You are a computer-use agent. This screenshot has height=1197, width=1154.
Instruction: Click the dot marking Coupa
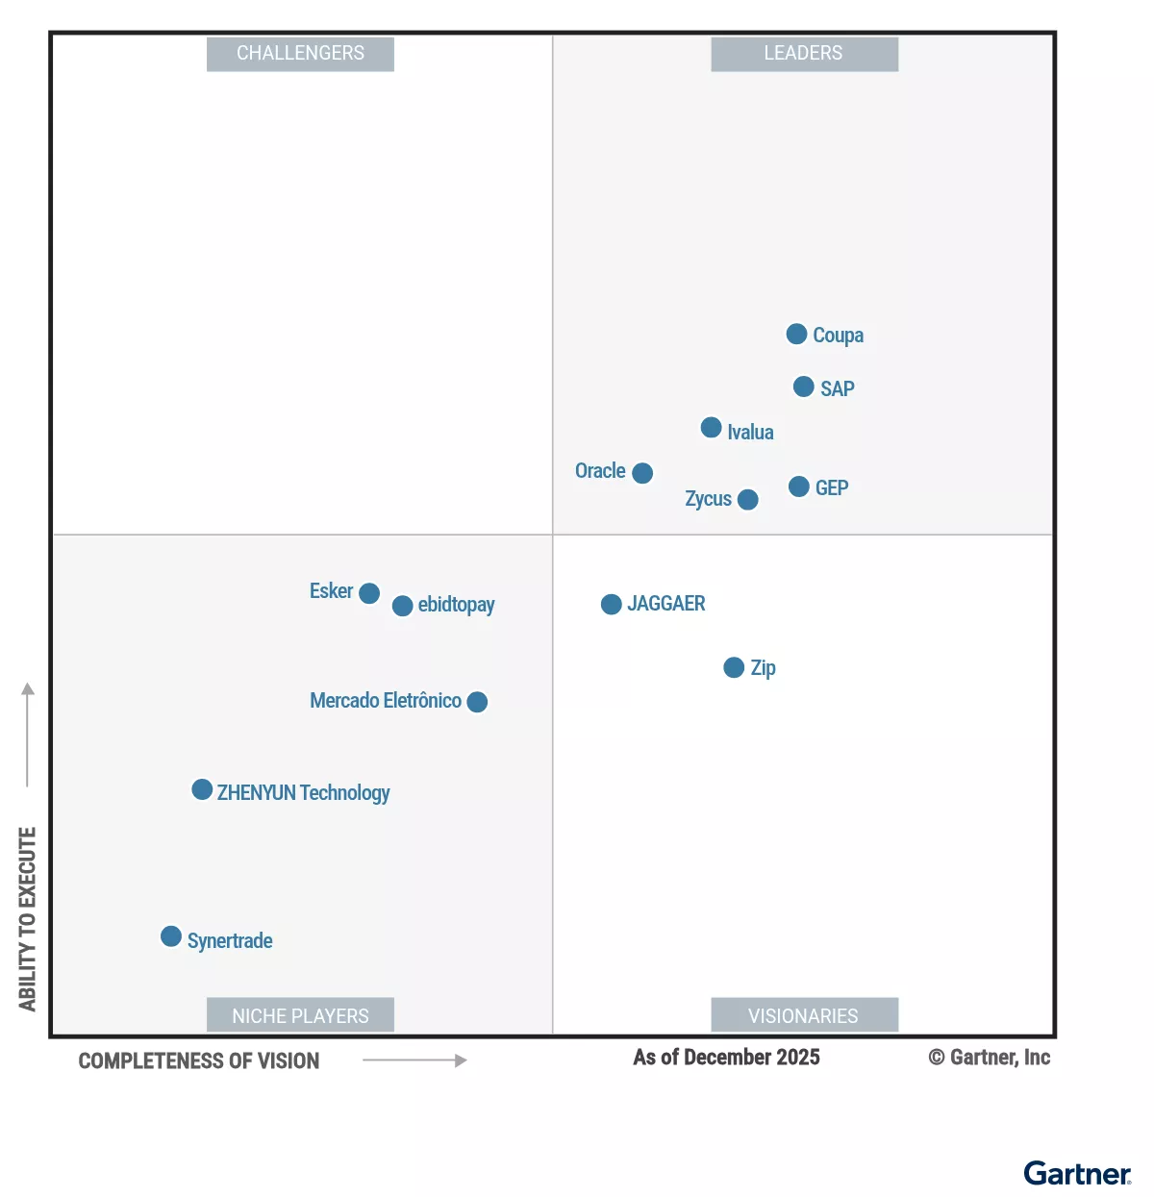(796, 334)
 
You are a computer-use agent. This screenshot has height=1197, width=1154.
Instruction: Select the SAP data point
(804, 387)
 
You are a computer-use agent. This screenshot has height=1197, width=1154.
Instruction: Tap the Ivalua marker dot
(711, 427)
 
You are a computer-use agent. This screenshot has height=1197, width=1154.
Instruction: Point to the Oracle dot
(642, 473)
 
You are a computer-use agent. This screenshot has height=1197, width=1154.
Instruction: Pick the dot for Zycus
(747, 499)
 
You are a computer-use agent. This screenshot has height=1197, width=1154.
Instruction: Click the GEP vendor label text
(832, 487)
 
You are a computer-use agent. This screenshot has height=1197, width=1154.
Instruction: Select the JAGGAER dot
(611, 604)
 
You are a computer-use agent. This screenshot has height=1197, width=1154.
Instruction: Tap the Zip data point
(734, 667)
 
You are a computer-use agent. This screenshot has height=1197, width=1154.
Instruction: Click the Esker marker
(369, 593)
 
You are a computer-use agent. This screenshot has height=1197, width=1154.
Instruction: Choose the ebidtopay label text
(456, 605)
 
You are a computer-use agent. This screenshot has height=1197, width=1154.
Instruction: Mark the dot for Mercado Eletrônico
(477, 702)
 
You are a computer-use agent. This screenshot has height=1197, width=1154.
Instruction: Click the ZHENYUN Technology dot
(202, 789)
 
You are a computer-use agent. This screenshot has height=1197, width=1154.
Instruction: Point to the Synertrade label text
(230, 940)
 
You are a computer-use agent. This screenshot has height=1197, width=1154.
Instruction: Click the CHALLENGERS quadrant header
(300, 54)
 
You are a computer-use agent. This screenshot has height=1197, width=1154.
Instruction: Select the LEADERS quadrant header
(804, 54)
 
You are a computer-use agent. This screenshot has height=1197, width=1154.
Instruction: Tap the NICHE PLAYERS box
(300, 1015)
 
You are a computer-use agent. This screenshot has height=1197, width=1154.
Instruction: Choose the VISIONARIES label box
(804, 1015)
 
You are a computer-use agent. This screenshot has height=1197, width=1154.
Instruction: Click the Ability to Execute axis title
(27, 918)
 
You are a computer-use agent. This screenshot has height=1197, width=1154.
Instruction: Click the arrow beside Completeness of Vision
(414, 1060)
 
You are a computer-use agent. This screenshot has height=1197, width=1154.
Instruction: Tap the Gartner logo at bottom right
(1077, 1174)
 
